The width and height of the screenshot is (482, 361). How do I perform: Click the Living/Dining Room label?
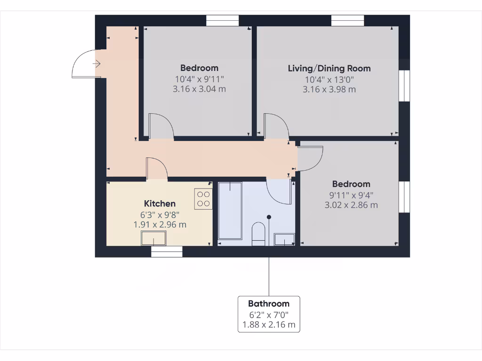pyautogui.click(x=329, y=68)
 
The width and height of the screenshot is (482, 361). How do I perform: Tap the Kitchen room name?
pyautogui.click(x=160, y=204)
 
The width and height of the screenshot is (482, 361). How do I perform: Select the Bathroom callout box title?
pyautogui.click(x=268, y=304)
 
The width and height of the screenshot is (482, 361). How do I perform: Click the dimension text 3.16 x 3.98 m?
pyautogui.click(x=329, y=89)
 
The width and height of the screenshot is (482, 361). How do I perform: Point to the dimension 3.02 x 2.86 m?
pyautogui.click(x=351, y=205)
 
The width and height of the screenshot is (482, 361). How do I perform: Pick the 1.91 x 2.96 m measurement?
pyautogui.click(x=160, y=225)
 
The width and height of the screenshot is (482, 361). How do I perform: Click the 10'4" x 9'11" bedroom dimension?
pyautogui.click(x=199, y=78)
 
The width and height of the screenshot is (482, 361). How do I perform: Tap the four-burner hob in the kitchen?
pyautogui.click(x=203, y=198)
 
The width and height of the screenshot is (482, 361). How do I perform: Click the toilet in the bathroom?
pyautogui.click(x=258, y=234)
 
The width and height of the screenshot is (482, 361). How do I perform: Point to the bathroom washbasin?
pyautogui.click(x=285, y=239)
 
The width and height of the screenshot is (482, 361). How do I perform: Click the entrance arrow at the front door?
pyautogui.click(x=97, y=63)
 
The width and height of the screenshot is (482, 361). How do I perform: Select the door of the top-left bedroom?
pyautogui.click(x=161, y=126)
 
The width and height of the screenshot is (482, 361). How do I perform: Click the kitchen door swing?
pyautogui.click(x=157, y=168)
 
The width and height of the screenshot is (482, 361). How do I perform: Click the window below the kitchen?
pyautogui.click(x=167, y=252)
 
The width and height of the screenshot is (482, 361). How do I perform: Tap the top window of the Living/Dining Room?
pyautogui.click(x=347, y=21)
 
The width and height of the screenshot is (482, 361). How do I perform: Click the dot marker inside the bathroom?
pyautogui.click(x=269, y=217)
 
